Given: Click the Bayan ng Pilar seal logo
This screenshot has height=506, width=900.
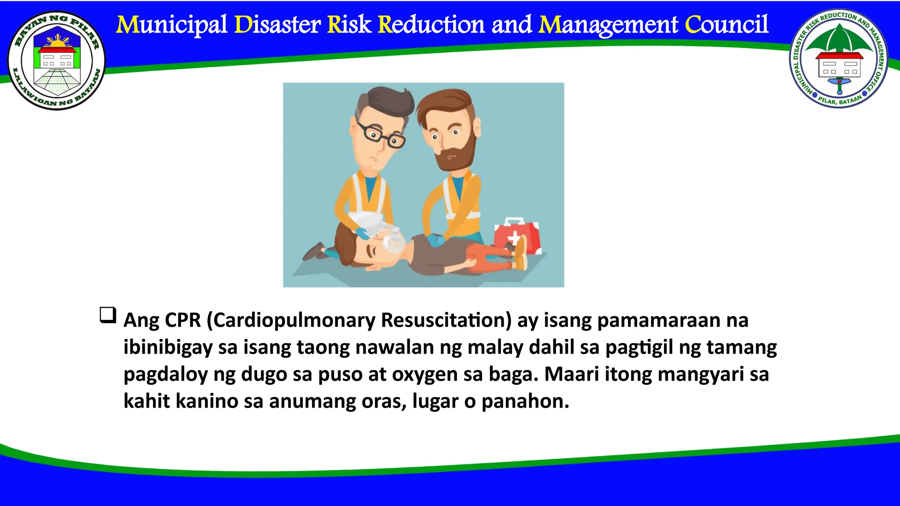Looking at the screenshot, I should click(56, 61).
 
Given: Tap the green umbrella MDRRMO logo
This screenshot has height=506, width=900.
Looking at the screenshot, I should click(839, 58).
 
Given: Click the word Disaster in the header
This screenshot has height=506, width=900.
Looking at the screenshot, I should click(278, 25).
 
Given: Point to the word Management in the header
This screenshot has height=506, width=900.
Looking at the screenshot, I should click(608, 25).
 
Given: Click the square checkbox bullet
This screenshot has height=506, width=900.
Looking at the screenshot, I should click(108, 315).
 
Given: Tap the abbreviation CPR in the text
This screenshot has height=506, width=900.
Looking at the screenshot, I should click(182, 320).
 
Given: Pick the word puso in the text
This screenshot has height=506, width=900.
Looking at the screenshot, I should click(340, 374).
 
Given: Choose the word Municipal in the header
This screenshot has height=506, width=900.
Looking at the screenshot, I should click(172, 25).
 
